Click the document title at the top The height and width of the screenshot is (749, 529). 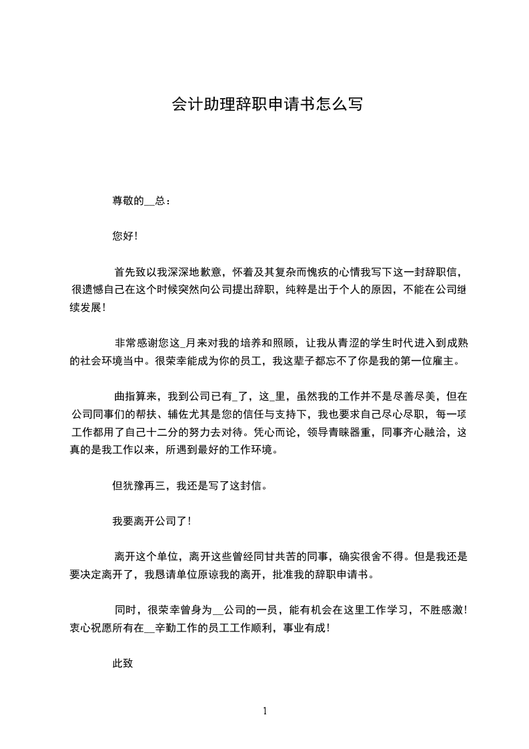[267, 104]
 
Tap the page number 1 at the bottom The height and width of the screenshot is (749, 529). [265, 711]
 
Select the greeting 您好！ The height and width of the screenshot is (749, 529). [125, 236]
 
